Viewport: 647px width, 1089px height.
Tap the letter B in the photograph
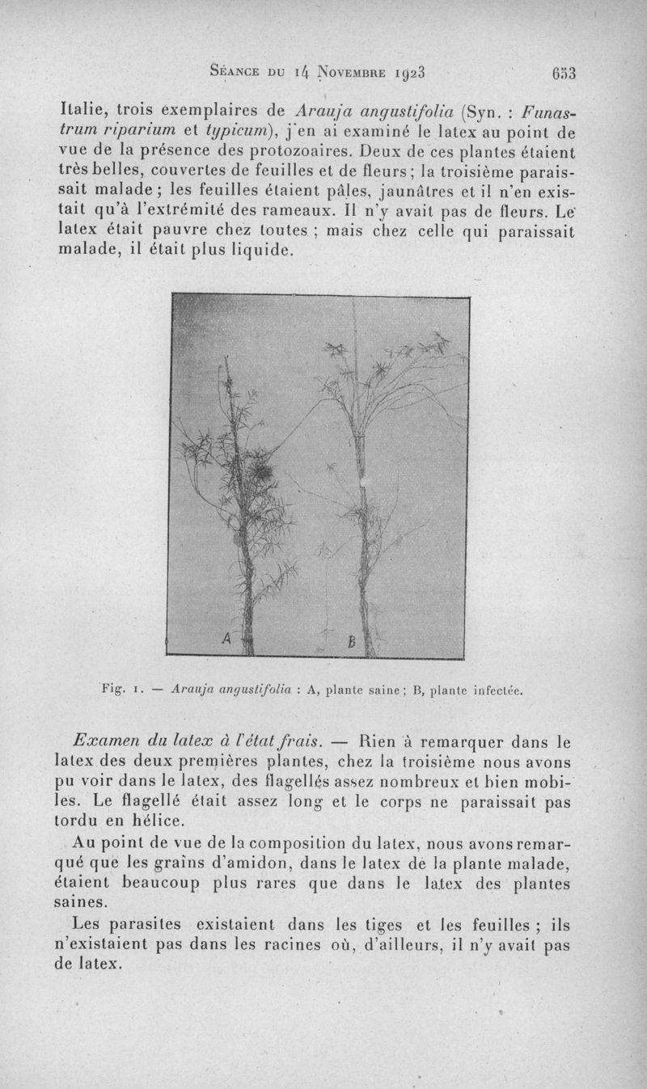[x=351, y=643]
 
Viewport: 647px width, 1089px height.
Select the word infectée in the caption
[x=494, y=691]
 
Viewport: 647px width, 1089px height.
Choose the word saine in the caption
[x=374, y=691]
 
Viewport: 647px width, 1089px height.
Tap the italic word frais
[x=300, y=740]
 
